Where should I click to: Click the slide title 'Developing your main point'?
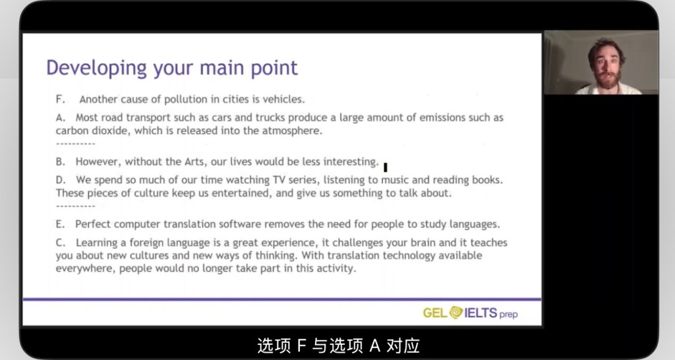pos(172,69)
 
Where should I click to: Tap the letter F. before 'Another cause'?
pos(60,100)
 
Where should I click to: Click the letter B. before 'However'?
pos(60,162)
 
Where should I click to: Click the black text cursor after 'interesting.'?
pos(385,167)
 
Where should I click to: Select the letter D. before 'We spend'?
pos(61,180)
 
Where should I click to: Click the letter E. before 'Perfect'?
pos(60,224)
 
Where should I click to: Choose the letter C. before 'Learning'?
pos(61,243)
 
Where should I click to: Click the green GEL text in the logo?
pos(435,313)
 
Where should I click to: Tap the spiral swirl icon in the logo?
pos(456,313)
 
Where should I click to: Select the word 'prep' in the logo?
pos(508,315)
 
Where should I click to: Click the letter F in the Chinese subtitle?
pos(301,345)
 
